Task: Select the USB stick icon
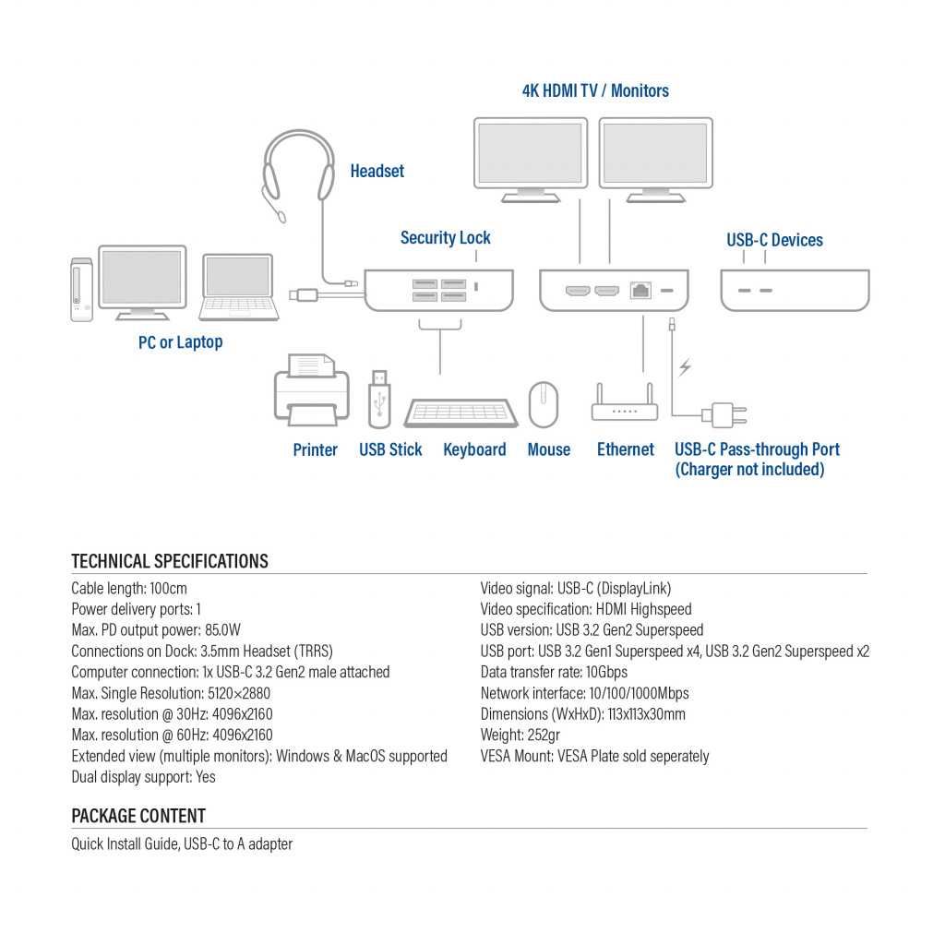379,399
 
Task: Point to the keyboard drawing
461,412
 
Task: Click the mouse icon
543,404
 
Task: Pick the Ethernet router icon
625,406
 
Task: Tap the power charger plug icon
724,414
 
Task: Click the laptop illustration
239,288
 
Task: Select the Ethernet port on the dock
640,291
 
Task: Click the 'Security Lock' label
445,238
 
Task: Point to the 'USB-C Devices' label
774,240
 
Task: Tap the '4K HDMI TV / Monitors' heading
595,90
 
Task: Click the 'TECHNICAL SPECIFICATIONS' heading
170,561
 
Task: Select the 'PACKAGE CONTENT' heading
138,816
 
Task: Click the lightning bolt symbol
684,368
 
